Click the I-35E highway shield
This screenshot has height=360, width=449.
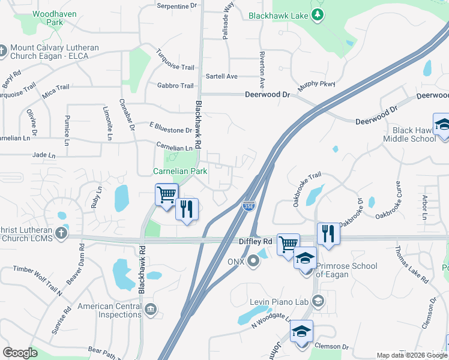(x=248, y=206)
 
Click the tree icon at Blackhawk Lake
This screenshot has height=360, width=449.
(x=318, y=16)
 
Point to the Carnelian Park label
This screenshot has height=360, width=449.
(x=180, y=171)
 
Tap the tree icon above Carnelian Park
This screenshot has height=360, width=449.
(x=173, y=157)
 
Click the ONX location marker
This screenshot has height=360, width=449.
(x=254, y=261)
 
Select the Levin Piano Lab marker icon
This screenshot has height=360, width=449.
(x=318, y=300)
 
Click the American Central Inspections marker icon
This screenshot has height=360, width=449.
(x=151, y=310)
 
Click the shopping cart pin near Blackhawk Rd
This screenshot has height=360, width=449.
(x=166, y=194)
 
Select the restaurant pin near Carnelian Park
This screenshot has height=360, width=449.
(x=187, y=209)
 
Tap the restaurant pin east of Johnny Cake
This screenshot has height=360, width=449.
(x=328, y=233)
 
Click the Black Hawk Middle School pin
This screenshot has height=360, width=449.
(x=441, y=125)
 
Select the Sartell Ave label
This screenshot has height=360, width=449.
(x=221, y=76)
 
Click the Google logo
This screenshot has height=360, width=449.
(x=20, y=353)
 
